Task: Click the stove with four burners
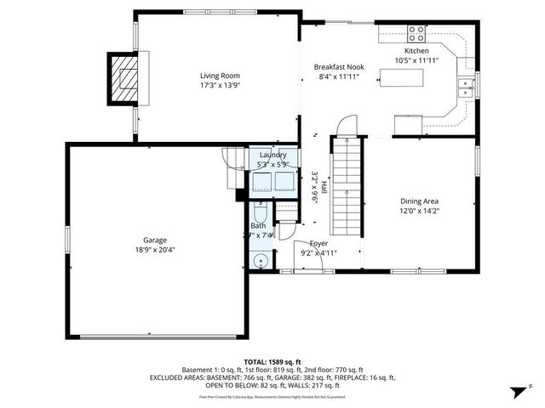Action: (416, 34)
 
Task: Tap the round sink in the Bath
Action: (261, 259)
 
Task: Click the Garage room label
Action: (154, 240)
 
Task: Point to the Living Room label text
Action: (214, 76)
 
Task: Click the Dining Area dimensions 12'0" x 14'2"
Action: (419, 211)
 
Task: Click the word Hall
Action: (324, 186)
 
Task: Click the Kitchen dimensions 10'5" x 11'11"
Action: (416, 60)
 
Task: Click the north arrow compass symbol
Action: (514, 393)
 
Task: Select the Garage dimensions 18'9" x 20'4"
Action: (154, 250)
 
